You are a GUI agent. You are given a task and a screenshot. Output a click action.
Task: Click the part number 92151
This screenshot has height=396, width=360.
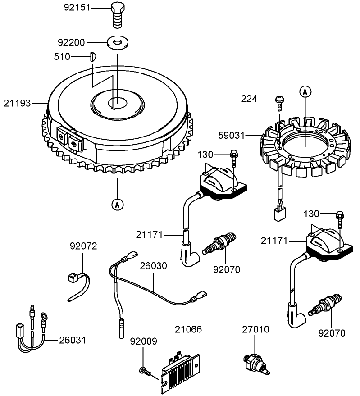coord(80,8)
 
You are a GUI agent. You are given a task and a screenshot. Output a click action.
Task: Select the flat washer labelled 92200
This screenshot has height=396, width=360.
coord(118,43)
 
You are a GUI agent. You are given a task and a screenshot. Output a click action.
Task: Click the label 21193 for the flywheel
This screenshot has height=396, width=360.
coord(18,104)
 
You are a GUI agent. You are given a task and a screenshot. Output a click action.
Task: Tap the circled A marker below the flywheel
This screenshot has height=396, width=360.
coord(118,204)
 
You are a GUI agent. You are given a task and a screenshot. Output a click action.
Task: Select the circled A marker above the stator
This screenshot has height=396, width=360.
coord(305,92)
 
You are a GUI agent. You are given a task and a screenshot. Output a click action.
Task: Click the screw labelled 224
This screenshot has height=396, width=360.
coord(279,102)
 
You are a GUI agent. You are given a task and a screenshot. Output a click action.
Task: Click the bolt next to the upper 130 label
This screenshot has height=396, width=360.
coord(233,158)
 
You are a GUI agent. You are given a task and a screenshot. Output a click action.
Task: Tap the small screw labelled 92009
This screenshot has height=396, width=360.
coord(145,370)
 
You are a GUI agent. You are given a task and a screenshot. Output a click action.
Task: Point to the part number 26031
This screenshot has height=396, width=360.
coord(72,340)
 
